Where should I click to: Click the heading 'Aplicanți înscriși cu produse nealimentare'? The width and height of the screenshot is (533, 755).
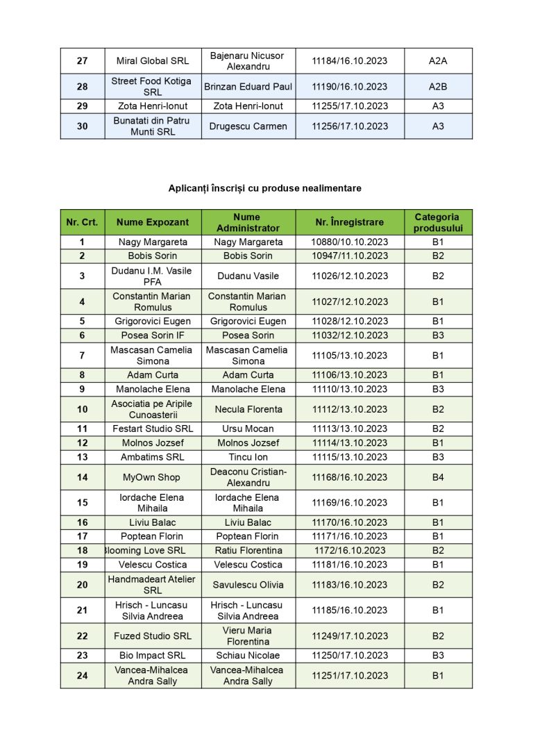264,188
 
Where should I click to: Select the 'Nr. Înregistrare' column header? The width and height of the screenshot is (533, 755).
349,222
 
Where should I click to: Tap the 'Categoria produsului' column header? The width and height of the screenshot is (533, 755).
438,222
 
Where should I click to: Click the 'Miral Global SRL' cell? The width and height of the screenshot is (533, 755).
153,61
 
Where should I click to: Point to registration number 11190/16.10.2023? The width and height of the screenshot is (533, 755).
349,87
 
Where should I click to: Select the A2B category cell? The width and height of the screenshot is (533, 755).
438,87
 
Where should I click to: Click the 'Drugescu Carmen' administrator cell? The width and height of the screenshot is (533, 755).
248,126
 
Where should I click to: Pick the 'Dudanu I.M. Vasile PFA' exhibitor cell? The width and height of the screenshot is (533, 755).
153,276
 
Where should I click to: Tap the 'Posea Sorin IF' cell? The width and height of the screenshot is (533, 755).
153,335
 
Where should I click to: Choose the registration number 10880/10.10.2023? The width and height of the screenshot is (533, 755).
349,242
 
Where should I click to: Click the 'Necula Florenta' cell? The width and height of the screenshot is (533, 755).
248,409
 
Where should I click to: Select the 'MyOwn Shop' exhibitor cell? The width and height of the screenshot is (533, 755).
153,477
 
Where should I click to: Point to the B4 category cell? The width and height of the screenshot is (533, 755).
438,477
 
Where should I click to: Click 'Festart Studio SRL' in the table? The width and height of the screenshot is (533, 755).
153,429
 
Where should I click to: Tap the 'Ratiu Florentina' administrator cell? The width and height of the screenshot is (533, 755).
248,551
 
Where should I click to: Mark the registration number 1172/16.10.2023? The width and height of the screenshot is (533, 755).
349,551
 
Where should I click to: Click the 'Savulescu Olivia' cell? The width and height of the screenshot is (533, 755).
248,585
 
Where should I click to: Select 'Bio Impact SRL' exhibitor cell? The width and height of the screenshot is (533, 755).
153,656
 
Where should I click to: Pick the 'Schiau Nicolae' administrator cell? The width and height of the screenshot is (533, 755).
248,656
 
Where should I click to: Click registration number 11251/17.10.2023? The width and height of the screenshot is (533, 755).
349,676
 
